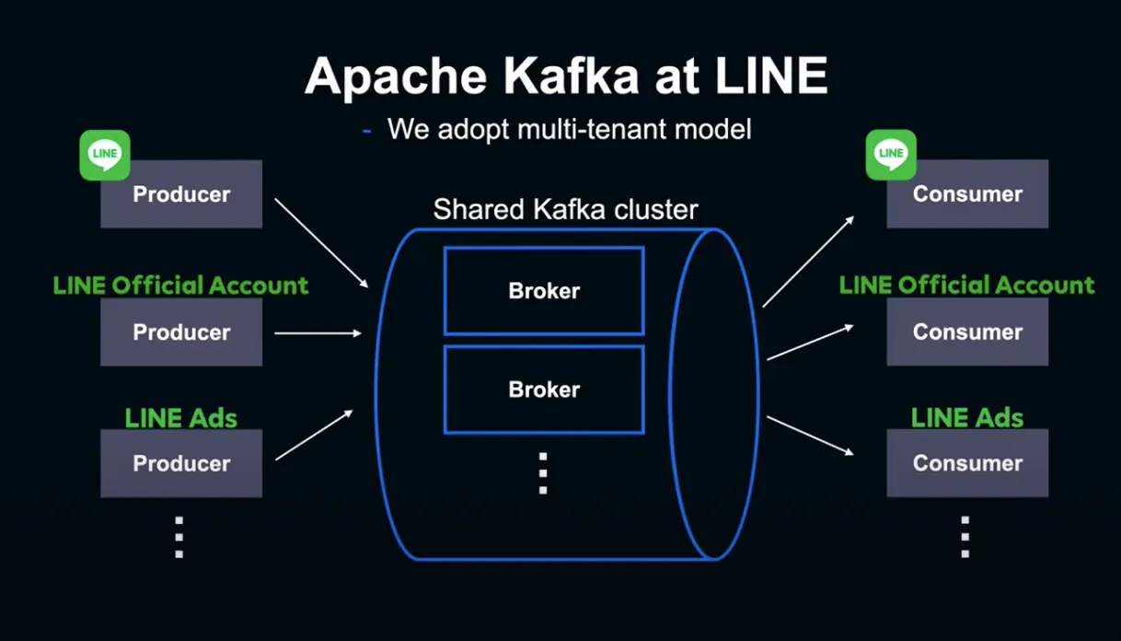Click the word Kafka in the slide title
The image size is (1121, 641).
click(571, 76)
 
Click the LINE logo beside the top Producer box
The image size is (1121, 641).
click(105, 156)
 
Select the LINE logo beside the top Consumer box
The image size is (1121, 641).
click(891, 155)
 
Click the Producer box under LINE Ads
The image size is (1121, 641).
click(181, 463)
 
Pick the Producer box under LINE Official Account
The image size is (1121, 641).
click(181, 332)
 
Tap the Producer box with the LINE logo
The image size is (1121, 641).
click(181, 194)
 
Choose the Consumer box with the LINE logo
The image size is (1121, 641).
click(967, 193)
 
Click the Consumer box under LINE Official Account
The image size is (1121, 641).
click(967, 332)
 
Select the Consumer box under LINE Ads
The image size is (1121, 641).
click(967, 462)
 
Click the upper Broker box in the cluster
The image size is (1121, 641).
click(544, 291)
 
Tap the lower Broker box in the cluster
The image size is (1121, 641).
click(544, 390)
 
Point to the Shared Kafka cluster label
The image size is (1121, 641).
click(565, 209)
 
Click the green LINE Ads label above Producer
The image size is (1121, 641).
click(180, 418)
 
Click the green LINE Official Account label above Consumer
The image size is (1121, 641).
click(967, 285)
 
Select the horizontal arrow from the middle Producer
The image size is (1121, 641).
click(318, 333)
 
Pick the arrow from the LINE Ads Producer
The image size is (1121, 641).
click(314, 436)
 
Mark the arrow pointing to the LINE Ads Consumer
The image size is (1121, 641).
click(810, 436)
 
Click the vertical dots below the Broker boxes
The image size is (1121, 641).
click(543, 473)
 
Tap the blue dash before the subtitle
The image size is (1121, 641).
click(366, 132)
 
